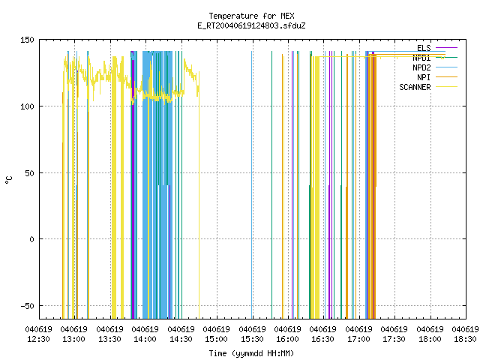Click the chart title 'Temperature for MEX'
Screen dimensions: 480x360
pos(251,16)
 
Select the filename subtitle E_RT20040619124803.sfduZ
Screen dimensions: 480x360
pos(251,25)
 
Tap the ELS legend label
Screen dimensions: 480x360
pos(424,48)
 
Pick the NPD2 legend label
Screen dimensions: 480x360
pos(421,67)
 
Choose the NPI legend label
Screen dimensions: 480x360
pos(424,77)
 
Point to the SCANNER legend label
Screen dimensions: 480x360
pos(415,87)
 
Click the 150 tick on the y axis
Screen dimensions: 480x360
pos(27,40)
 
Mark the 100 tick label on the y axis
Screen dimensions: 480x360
pos(27,106)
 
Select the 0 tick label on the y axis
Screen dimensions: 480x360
pos(31,239)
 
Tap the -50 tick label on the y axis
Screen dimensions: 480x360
pos(27,306)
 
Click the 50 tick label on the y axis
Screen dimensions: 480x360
pos(29,173)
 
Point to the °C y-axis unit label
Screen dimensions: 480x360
pos(9,180)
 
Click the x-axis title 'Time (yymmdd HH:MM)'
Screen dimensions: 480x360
pos(251,353)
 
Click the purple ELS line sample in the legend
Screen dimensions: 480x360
pos(446,48)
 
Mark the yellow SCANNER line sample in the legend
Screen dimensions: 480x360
pos(446,87)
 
